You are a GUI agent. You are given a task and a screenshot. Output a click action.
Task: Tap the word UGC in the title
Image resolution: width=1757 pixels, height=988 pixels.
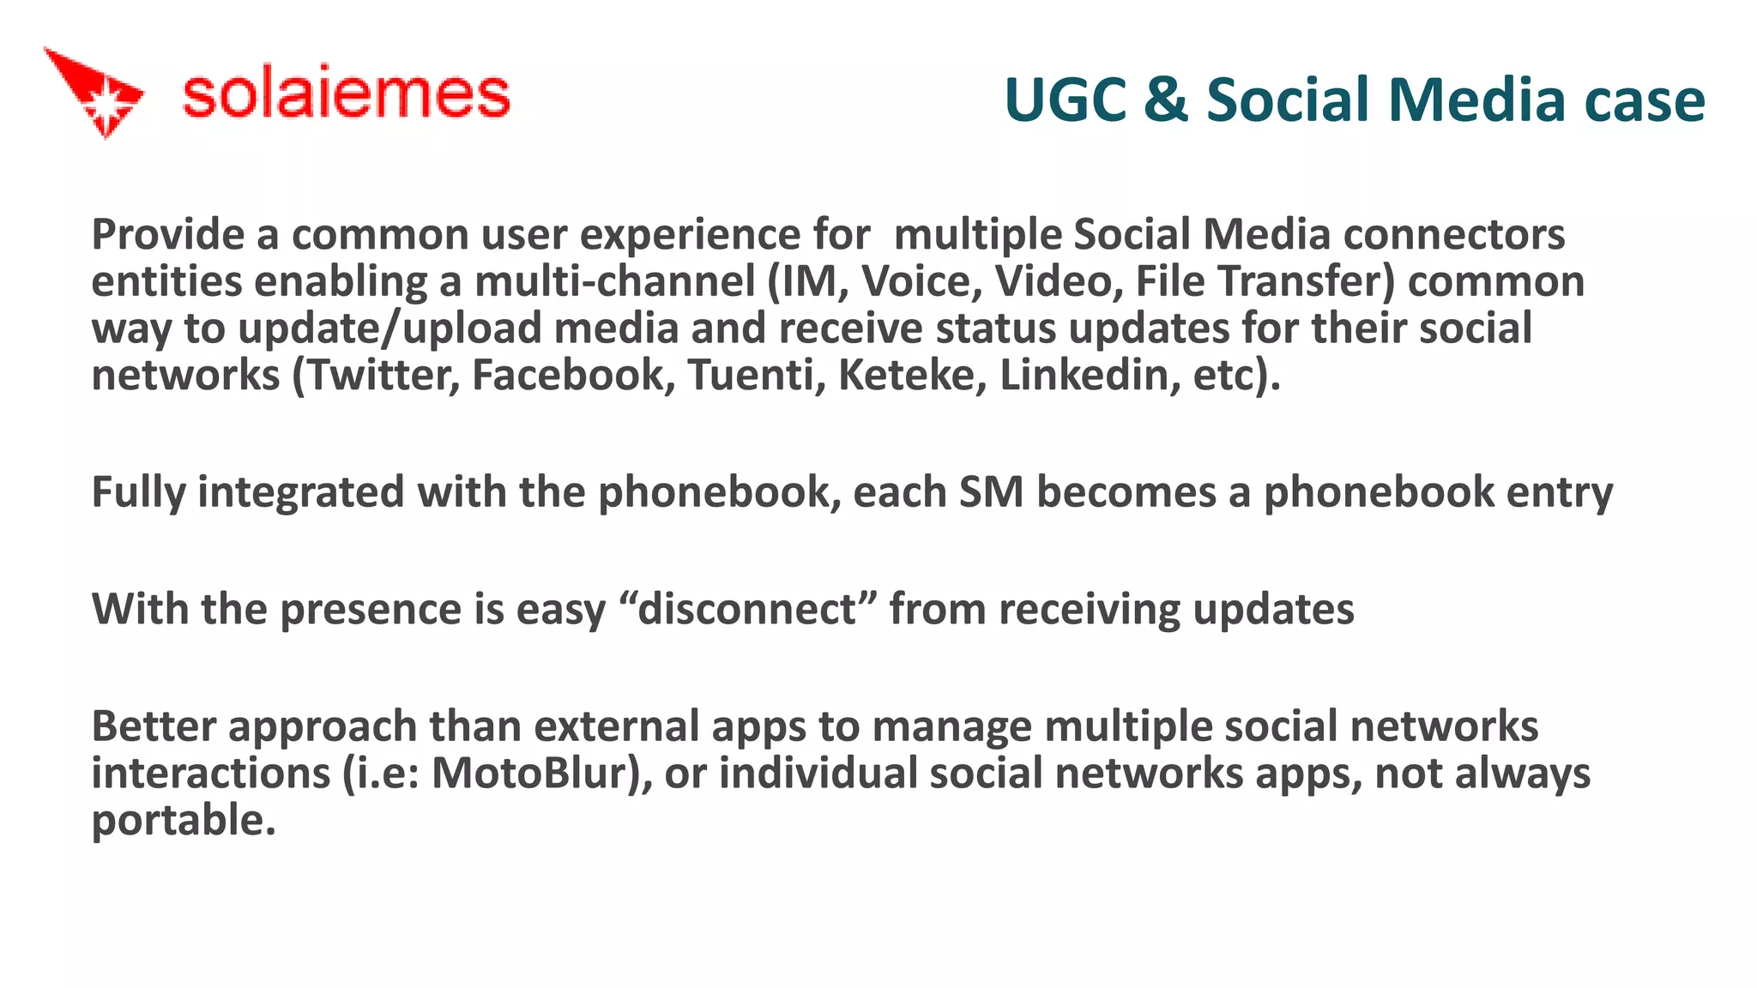pos(1064,100)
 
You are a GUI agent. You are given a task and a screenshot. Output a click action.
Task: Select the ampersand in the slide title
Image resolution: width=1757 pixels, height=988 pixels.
pos(1165,100)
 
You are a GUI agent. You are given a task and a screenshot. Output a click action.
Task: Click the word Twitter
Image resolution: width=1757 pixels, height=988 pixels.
pos(383,376)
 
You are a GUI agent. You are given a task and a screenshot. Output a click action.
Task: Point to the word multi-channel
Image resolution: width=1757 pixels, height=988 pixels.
pos(614,282)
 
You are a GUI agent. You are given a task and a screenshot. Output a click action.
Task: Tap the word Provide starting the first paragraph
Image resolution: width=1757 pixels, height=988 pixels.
pos(168,235)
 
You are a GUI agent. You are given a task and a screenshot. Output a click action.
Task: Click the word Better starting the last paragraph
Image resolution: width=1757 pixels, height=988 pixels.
pos(154,726)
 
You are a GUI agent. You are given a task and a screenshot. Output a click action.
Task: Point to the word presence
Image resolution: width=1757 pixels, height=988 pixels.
pos(371,610)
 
